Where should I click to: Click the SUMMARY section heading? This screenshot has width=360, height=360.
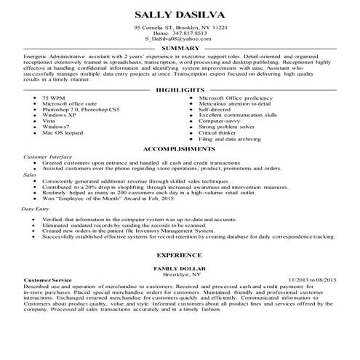pyautogui.click(x=180, y=48)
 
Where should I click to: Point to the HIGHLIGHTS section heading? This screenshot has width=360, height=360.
pyautogui.click(x=180, y=90)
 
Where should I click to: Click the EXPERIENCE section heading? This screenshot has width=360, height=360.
pyautogui.click(x=180, y=257)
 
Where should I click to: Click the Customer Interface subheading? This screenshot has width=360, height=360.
pyautogui.click(x=49, y=156)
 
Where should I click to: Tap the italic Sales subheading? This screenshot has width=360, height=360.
pyautogui.click(x=30, y=175)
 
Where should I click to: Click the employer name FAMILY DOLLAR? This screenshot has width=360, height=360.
pyautogui.click(x=180, y=269)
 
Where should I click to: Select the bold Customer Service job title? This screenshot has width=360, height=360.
pyautogui.click(x=48, y=280)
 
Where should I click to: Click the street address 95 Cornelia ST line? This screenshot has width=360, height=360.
pyautogui.click(x=180, y=26)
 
